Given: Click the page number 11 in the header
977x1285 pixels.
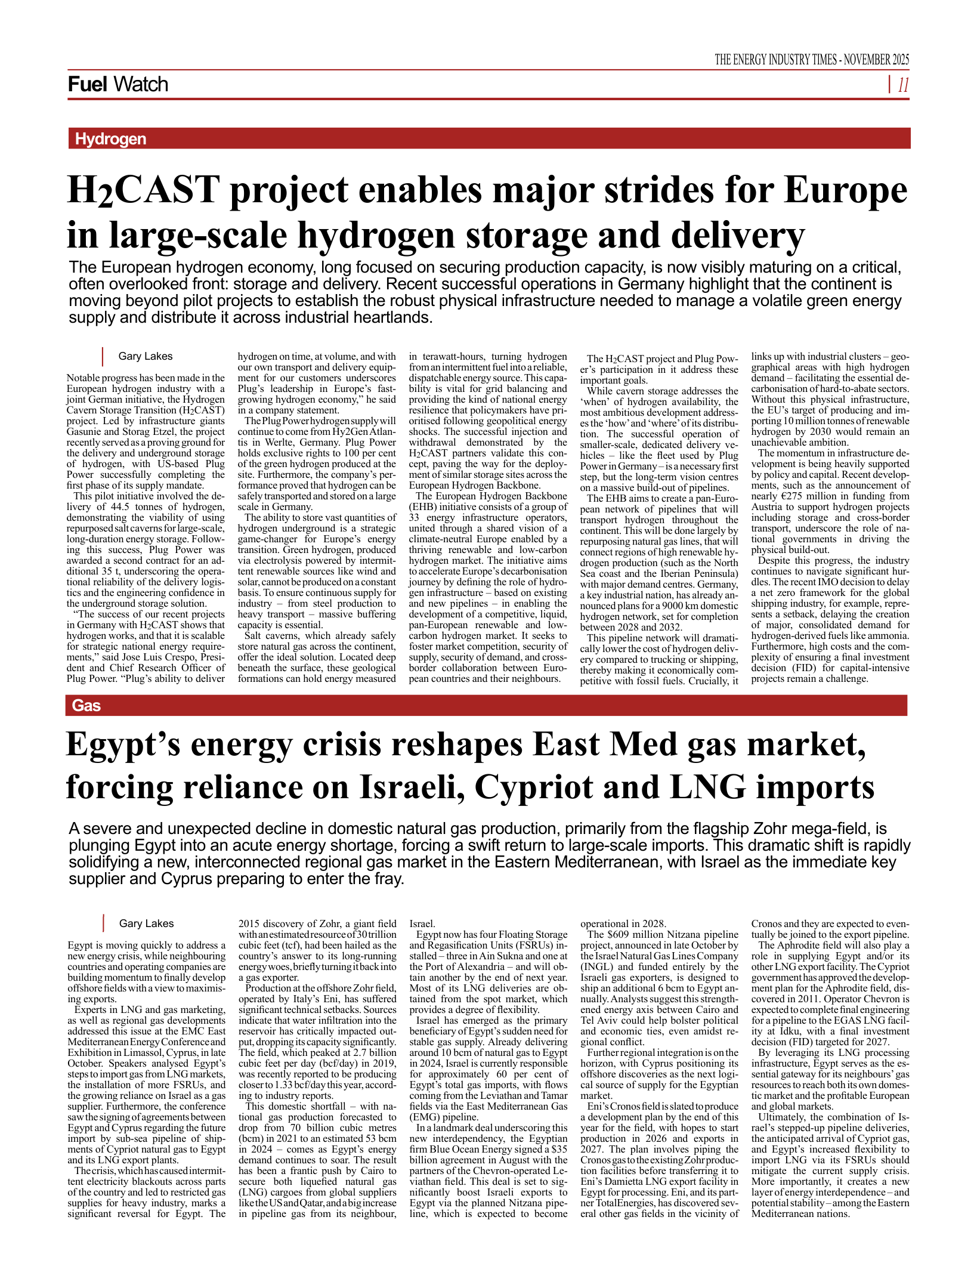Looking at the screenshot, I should [903, 85].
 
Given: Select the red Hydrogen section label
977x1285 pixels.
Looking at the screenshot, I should [110, 139].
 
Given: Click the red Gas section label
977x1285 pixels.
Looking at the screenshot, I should [86, 706].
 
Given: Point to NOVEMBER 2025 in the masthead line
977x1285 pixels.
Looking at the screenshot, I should [876, 60].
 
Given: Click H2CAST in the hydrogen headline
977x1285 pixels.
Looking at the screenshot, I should [143, 191].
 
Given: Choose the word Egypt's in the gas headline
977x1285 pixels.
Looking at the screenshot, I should [123, 745].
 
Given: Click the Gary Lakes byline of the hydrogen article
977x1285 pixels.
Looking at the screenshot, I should [145, 356].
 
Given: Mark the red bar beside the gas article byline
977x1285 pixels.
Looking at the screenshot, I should [103, 923].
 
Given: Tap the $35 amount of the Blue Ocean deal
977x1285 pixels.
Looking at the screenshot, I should [559, 1149].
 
